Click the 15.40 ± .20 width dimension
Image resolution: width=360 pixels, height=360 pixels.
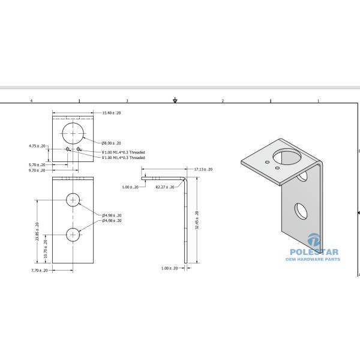pyautogui.click(x=112, y=113)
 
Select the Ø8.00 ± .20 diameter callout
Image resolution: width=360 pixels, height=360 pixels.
pyautogui.click(x=112, y=143)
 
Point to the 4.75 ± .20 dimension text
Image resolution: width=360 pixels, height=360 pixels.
pyautogui.click(x=37, y=146)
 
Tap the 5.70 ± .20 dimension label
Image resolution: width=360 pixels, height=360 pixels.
pyautogui.click(x=37, y=164)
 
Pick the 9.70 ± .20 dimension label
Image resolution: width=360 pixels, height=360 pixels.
pyautogui.click(x=37, y=170)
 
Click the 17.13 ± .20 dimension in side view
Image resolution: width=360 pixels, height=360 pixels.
pyautogui.click(x=203, y=170)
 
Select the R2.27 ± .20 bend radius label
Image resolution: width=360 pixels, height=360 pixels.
pyautogui.click(x=165, y=187)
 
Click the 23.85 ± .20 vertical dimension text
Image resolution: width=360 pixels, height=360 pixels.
pyautogui.click(x=37, y=232)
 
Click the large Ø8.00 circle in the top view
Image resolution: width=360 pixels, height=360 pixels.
pyautogui.click(x=73, y=132)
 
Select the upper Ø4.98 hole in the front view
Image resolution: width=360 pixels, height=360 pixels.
pyautogui.click(x=73, y=200)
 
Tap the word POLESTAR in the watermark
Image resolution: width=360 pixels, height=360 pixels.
pyautogui.click(x=314, y=253)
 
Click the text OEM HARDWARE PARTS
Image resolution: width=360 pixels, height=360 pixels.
pyautogui.click(x=314, y=259)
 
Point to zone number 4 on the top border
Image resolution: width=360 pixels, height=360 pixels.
pyautogui.click(x=31, y=101)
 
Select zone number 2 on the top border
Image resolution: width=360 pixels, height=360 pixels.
pyautogui.click(x=223, y=101)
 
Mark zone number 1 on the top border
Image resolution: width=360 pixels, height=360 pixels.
pyautogui.click(x=318, y=101)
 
